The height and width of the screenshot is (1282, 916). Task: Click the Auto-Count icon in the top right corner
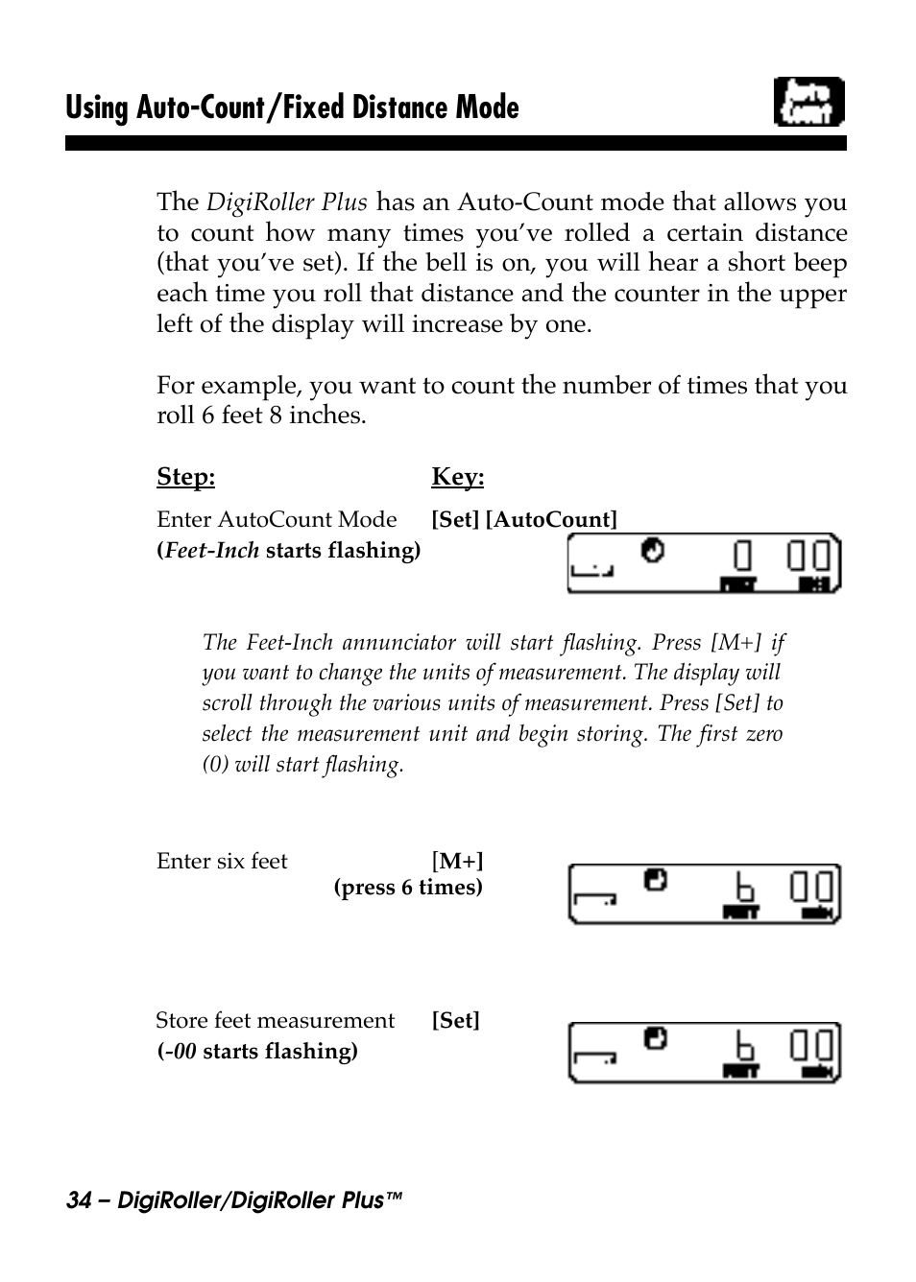click(x=808, y=103)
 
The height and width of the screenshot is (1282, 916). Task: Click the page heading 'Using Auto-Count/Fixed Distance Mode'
click(x=292, y=107)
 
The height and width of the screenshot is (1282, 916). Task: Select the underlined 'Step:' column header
click(x=185, y=477)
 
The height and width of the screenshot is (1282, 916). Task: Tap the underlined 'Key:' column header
click(x=457, y=477)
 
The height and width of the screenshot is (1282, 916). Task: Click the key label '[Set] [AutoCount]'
click(x=523, y=519)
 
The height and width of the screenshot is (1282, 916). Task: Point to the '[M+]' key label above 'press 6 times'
click(x=457, y=861)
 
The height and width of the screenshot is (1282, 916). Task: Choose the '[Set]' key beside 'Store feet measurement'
click(x=455, y=1020)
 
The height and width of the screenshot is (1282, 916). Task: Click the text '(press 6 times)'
click(x=408, y=888)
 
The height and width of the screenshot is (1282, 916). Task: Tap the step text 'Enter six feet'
click(x=222, y=861)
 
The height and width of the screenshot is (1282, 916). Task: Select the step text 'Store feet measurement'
click(x=275, y=1020)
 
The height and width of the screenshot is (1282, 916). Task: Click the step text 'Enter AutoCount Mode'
click(x=277, y=519)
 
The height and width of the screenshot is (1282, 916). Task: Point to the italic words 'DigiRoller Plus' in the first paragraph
click(x=287, y=202)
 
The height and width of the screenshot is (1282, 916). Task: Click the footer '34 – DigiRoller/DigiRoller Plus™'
click(x=233, y=1200)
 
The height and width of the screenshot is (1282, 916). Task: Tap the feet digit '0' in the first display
click(x=742, y=557)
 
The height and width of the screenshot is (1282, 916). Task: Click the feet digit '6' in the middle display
click(x=743, y=887)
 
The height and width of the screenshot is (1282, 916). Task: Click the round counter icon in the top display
click(x=653, y=551)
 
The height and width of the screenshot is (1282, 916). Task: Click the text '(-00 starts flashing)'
click(x=257, y=1051)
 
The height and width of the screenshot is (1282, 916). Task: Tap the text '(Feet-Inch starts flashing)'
click(x=288, y=550)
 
